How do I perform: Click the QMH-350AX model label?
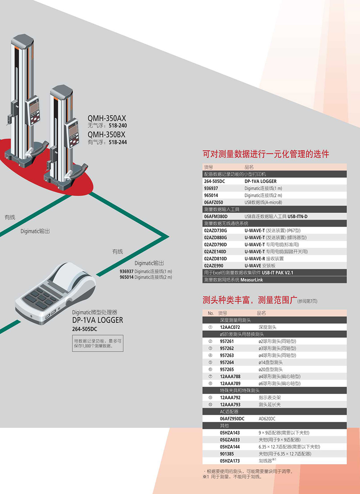pos(107,118)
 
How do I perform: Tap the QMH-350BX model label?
pos(107,135)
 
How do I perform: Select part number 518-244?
pos(118,142)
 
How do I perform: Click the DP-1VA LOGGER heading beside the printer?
pos(98,320)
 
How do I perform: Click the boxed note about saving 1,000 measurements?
pos(98,343)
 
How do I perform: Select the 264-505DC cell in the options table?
pos(215,181)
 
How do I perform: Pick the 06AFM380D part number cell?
pos(216,217)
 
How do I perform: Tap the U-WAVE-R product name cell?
pos(264,259)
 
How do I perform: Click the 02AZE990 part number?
pos(213,266)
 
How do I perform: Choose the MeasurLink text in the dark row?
pos(252,280)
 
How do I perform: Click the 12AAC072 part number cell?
pos(230,327)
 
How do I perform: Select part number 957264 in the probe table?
pos(227,362)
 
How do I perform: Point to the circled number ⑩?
pos(210,405)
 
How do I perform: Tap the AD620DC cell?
pos(267,419)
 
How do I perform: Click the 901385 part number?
pos(227,454)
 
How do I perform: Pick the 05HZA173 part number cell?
pos(230,461)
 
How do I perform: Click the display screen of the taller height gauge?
pos(34,107)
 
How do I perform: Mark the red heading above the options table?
pos(266,154)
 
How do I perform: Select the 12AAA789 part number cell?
pos(230,384)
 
